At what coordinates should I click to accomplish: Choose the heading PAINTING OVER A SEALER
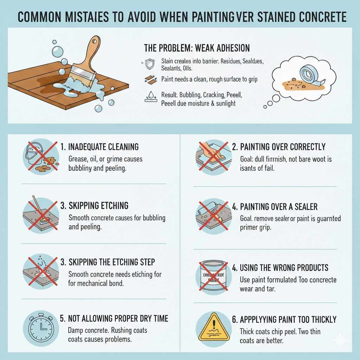pos(279,207)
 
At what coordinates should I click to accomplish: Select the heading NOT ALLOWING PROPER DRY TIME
pos(114,319)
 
